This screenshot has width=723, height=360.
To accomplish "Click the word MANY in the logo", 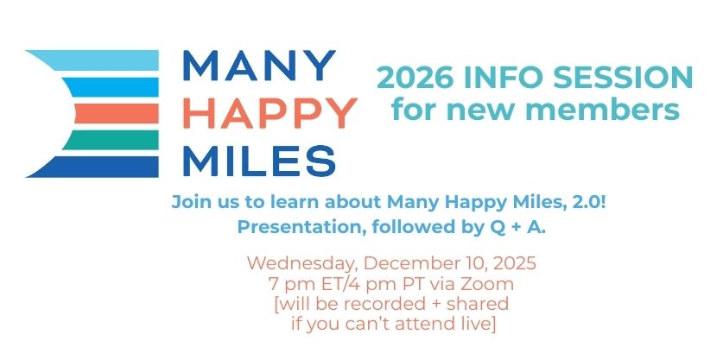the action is click(x=259, y=66).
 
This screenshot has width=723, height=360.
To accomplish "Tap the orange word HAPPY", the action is click(x=270, y=113).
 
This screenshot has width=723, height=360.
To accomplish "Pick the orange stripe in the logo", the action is click(x=117, y=113).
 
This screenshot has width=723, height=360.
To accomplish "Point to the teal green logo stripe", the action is click(x=111, y=140).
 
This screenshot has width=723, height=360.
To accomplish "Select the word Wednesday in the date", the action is click(x=303, y=263).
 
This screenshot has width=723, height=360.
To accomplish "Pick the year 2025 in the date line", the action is click(x=515, y=263).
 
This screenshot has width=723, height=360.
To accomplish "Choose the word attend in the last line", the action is click(x=428, y=324).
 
